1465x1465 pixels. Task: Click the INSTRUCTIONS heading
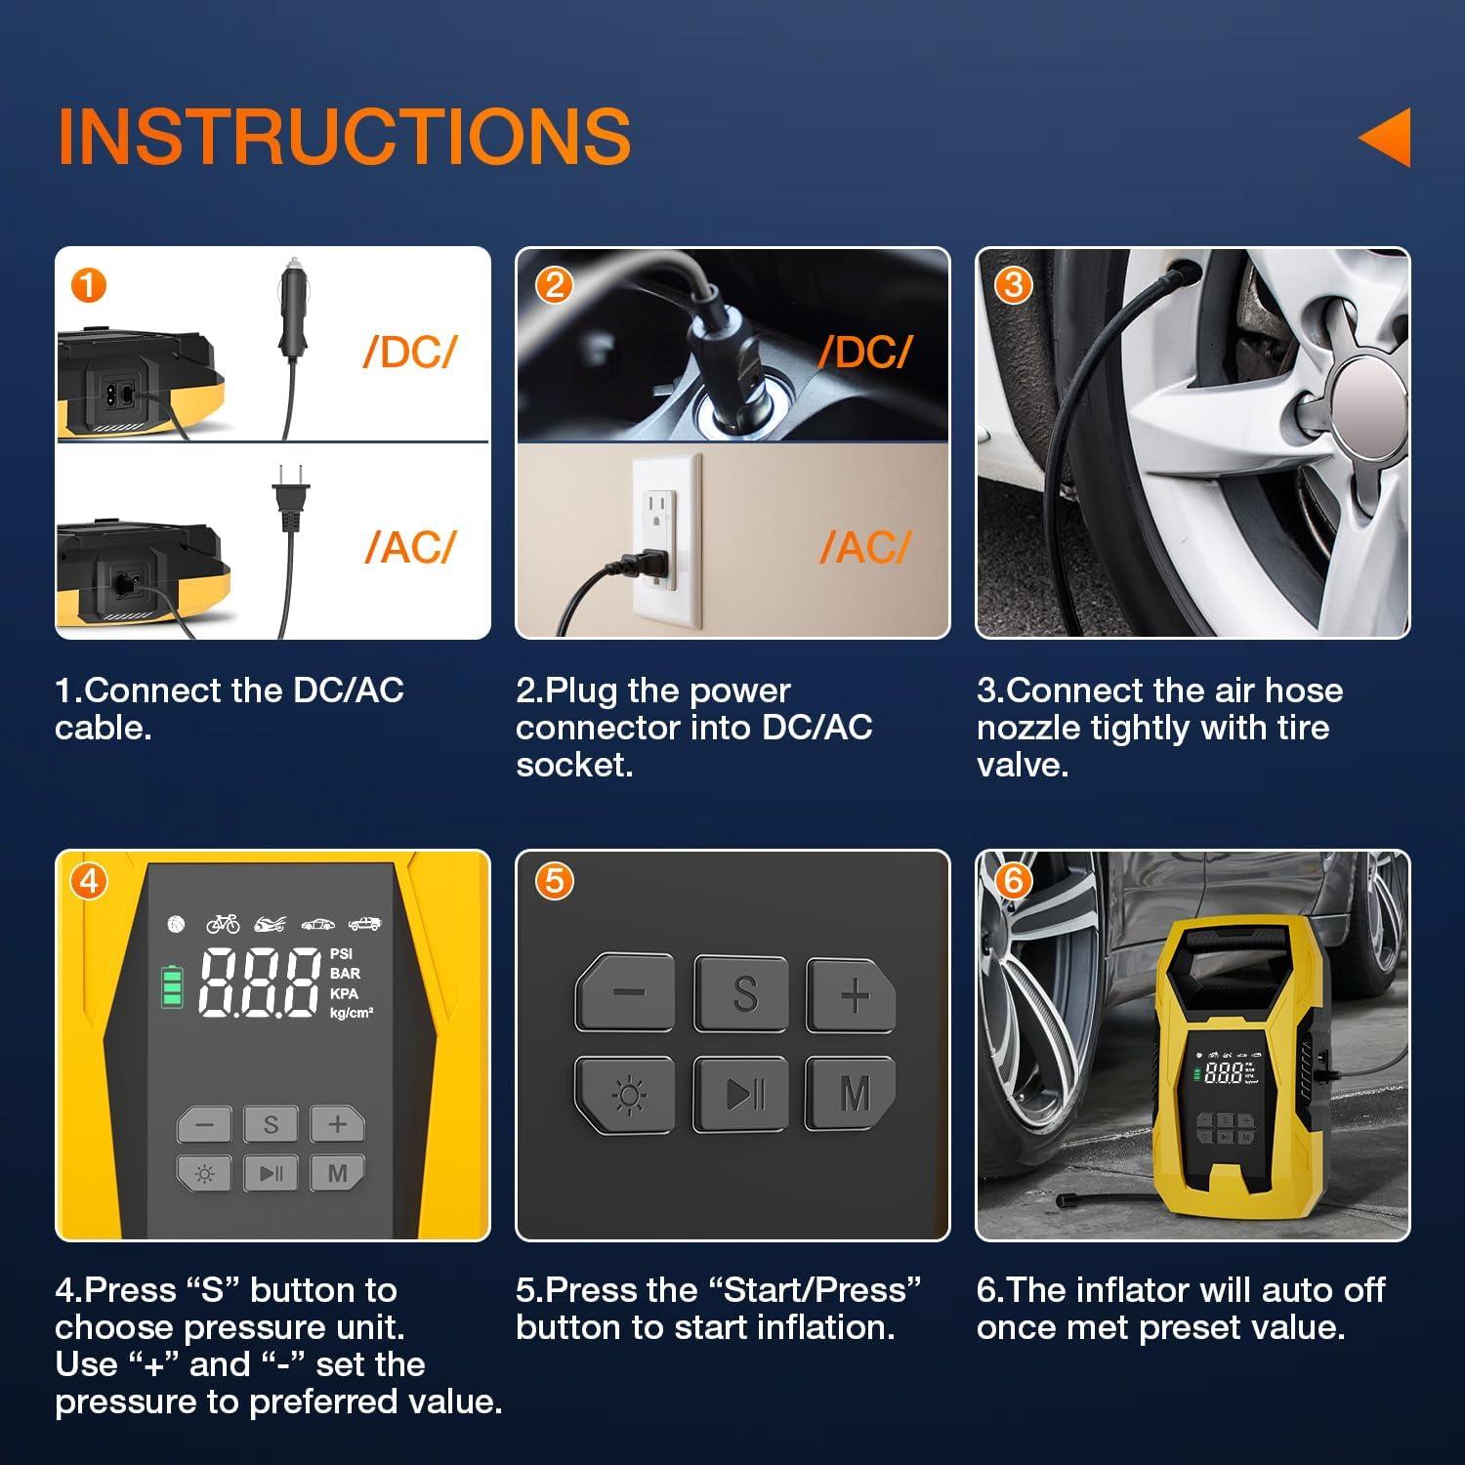[x=344, y=136]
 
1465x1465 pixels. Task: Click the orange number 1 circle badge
[x=88, y=286]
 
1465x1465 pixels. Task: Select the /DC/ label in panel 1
[x=409, y=353]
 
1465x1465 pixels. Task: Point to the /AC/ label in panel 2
[x=865, y=547]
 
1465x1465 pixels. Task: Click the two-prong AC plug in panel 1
[x=290, y=500]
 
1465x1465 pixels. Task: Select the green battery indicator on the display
[x=173, y=986]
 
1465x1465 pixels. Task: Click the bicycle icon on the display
[x=223, y=923]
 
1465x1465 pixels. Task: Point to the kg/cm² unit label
[x=352, y=1014]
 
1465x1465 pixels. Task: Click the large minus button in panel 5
[x=627, y=993]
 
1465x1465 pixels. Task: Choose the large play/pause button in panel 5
[x=742, y=1094]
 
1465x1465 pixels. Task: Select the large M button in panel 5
[x=853, y=1094]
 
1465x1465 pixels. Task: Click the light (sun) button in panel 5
[x=627, y=1095]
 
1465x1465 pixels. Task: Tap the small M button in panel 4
[x=337, y=1173]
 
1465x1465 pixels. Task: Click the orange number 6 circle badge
[x=1012, y=881]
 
